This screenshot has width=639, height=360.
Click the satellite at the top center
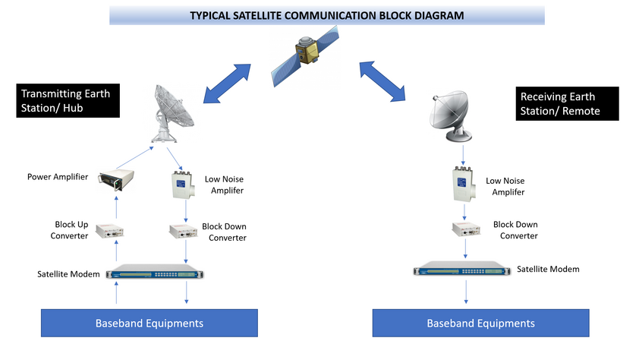click(305, 56)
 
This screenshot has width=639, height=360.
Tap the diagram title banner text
click(327, 15)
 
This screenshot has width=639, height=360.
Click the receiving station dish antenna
click(450, 116)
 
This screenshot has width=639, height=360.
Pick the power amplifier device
click(116, 180)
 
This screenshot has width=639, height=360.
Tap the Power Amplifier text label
click(58, 176)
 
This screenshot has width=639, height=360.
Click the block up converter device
click(109, 230)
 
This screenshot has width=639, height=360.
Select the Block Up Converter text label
click(69, 230)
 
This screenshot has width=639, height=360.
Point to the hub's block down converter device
click(184, 231)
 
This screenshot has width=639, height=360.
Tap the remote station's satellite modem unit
click(461, 268)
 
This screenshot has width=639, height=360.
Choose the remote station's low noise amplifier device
click(464, 184)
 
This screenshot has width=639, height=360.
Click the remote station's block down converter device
click(466, 229)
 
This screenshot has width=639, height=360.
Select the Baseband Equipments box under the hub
click(150, 323)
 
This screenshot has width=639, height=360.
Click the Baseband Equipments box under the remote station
click(481, 323)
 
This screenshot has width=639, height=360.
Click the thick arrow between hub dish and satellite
click(227, 84)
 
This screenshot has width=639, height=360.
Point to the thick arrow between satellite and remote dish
click(382, 81)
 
